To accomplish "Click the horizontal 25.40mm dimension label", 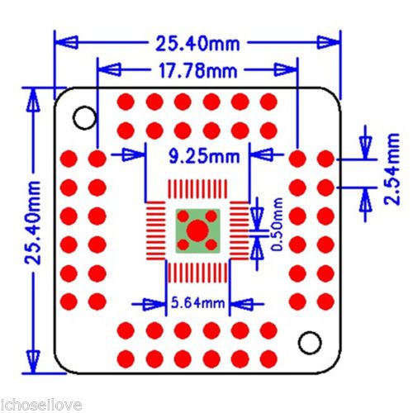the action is pos(197,43).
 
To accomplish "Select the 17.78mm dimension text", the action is pos(197,70).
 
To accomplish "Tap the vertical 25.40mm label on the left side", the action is pos(33,222).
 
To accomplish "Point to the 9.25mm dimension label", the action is pos(204,156).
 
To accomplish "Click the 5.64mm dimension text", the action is pos(197,303).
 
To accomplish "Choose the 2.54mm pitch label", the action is pos(392,169).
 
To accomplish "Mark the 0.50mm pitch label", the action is pos(277,224).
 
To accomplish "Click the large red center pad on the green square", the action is pos(197,230).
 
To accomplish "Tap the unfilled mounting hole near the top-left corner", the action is pos(85,118).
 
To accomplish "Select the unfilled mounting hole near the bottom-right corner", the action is pos(310,343).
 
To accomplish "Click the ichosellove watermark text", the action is pos(40,406).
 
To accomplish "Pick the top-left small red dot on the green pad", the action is pos(183,216).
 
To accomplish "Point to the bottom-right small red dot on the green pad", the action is pos(211,244).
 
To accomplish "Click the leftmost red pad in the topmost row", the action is pos(126,102).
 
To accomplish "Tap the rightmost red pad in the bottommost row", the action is pos(268,358).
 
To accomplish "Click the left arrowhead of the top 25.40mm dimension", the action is pos(66,42).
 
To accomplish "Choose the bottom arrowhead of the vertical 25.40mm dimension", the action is pos(33,362).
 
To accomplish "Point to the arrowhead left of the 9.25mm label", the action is pos(133,154).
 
